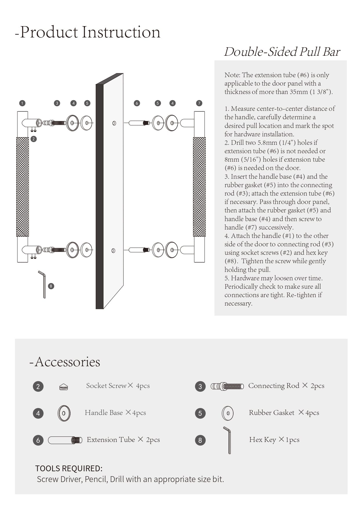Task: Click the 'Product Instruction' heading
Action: [x=87, y=32]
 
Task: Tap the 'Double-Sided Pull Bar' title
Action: [x=282, y=52]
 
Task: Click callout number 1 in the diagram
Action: [x=22, y=103]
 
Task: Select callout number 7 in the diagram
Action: [x=199, y=103]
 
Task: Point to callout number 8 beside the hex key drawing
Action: [x=51, y=286]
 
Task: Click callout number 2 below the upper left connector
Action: [x=34, y=139]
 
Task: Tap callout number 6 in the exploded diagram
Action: [x=137, y=103]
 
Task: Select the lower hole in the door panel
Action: [x=113, y=250]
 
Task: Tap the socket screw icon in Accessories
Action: [x=64, y=387]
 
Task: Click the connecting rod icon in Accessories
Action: [x=227, y=386]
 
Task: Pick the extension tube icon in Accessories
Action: [x=65, y=440]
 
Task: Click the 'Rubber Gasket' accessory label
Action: [x=284, y=413]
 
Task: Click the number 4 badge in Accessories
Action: [x=38, y=413]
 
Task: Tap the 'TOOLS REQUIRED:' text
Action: [x=69, y=468]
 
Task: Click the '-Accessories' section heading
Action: [x=65, y=362]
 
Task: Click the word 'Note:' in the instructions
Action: [x=232, y=75]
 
